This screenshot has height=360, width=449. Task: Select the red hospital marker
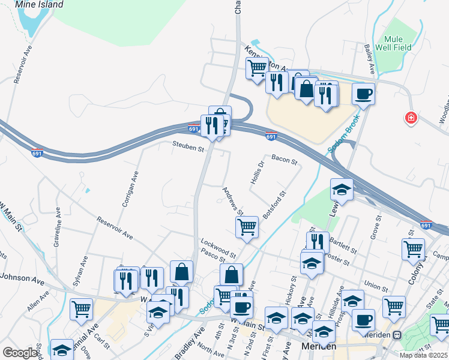pyautogui.click(x=411, y=118)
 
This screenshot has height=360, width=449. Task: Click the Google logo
pyautogui.click(x=20, y=353)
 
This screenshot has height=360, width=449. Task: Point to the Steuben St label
pyautogui.click(x=188, y=145)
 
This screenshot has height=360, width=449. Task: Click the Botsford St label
pyautogui.click(x=276, y=206)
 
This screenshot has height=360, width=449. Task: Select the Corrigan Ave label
pyautogui.click(x=131, y=188)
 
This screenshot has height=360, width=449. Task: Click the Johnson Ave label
pyautogui.click(x=23, y=277)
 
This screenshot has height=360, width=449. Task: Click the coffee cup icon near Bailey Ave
pyautogui.click(x=363, y=94)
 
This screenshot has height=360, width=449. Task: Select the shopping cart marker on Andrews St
pyautogui.click(x=247, y=227)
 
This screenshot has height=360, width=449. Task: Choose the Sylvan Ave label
pyautogui.click(x=80, y=269)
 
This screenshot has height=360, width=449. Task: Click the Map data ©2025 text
pyautogui.click(x=423, y=355)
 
